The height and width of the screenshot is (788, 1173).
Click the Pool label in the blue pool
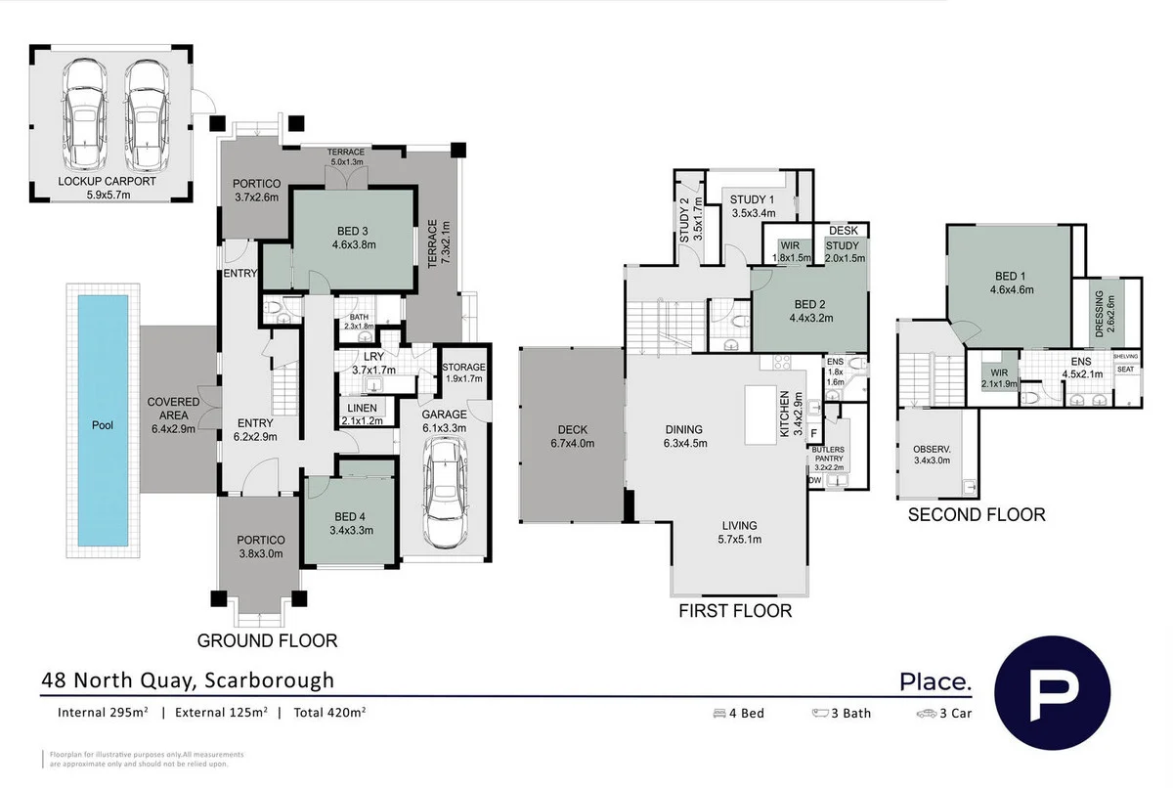pyautogui.click(x=103, y=425)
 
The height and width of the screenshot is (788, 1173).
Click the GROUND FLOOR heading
pyautogui.click(x=267, y=641)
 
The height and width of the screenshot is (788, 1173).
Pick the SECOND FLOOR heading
pyautogui.click(x=977, y=514)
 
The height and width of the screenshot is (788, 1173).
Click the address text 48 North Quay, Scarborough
pyautogui.click(x=187, y=680)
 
